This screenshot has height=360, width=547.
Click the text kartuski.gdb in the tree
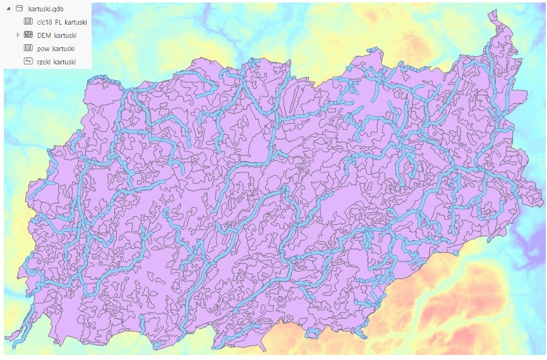tap(46, 9)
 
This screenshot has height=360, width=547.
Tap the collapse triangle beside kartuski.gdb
tap(8, 9)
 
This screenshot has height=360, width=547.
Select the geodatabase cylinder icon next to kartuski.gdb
tap(18, 9)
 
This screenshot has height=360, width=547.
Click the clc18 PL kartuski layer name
tap(62, 22)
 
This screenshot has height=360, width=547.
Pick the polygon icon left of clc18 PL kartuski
tap(28, 22)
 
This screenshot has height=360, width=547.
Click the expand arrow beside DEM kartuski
tap(18, 35)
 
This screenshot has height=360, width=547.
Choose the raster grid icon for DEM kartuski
tap(28, 35)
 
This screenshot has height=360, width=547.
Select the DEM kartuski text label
tap(56, 35)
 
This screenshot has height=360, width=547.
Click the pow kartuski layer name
tap(56, 49)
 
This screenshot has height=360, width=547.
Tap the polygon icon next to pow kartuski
tap(28, 49)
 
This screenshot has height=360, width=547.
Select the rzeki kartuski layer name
tap(57, 62)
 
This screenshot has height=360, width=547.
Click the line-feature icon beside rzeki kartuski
tap(28, 62)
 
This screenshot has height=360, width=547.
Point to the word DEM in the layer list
tap(44, 35)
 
